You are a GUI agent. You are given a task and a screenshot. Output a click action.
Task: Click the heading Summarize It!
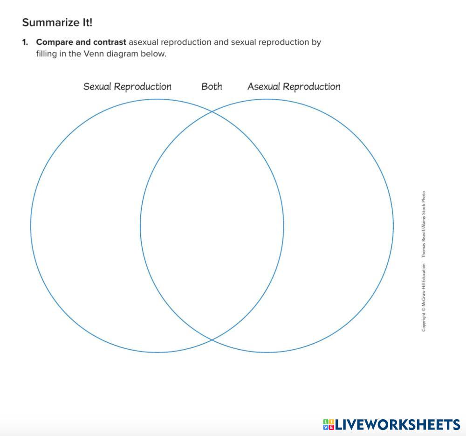click(57, 22)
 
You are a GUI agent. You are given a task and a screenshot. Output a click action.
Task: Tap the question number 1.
click(25, 42)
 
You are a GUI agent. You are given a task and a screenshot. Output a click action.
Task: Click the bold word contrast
click(110, 42)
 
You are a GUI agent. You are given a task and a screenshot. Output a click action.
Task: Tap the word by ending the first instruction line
click(316, 42)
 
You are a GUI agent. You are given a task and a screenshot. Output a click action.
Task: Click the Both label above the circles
click(212, 86)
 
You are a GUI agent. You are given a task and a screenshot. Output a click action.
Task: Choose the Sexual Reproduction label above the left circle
click(127, 86)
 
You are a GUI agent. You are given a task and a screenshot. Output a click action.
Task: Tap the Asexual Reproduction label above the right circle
click(294, 86)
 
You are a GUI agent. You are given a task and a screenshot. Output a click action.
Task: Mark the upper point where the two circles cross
click(212, 111)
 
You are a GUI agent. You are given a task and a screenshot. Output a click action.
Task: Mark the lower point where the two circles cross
click(212, 339)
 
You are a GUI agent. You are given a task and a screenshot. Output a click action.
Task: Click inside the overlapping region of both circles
click(212, 226)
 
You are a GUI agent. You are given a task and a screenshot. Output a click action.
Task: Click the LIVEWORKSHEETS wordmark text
click(397, 424)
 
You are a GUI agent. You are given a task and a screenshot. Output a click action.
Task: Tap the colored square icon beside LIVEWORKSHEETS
click(328, 424)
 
